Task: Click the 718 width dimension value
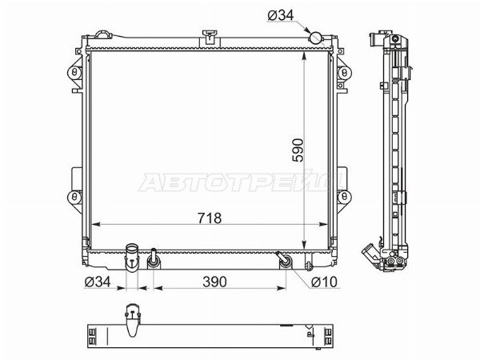click(x=210, y=218)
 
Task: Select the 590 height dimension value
click(x=298, y=150)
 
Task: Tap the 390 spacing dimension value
click(x=214, y=282)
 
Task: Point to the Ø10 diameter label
click(x=324, y=282)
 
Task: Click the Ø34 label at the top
click(x=281, y=15)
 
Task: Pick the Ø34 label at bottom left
click(x=98, y=282)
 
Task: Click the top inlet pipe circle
click(x=316, y=38)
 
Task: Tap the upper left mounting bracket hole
click(x=74, y=73)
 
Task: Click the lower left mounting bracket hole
click(x=74, y=197)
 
